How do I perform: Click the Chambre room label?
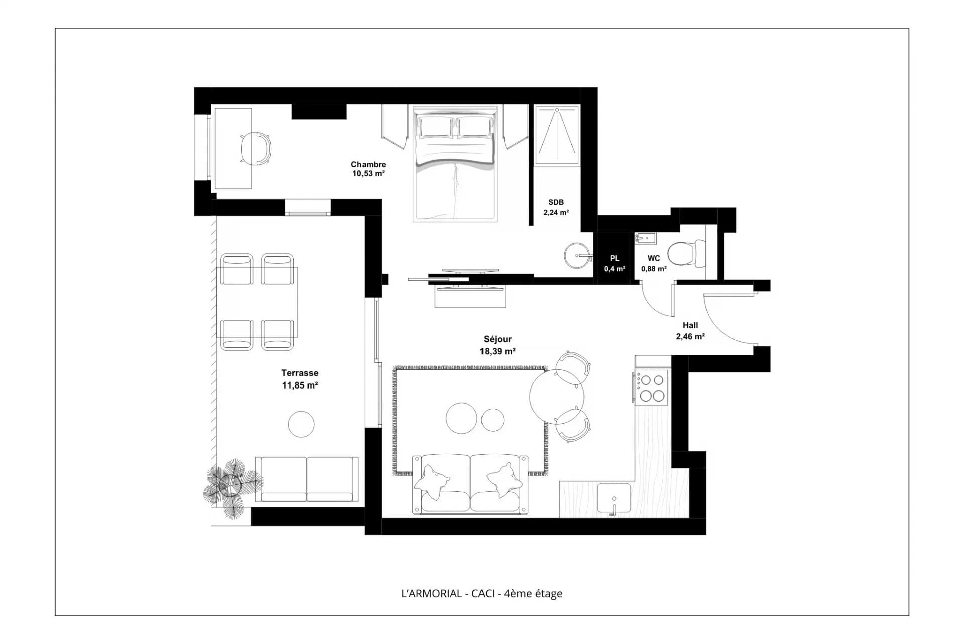pyautogui.click(x=369, y=164)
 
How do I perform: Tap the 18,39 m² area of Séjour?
pyautogui.click(x=498, y=351)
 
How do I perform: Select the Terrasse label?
pyautogui.click(x=300, y=373)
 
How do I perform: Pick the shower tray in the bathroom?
pyautogui.click(x=556, y=135)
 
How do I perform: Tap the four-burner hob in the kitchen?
pyautogui.click(x=651, y=387)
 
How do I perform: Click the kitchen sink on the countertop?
pyautogui.click(x=614, y=498)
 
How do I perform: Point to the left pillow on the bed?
pyautogui.click(x=437, y=126)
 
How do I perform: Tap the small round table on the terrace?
pyautogui.click(x=301, y=424)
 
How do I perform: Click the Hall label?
pyautogui.click(x=690, y=325)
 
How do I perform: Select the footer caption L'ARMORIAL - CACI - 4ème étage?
pyautogui.click(x=482, y=593)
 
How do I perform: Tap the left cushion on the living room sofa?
pyautogui.click(x=432, y=482)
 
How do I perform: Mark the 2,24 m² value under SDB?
pyautogui.click(x=556, y=212)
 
